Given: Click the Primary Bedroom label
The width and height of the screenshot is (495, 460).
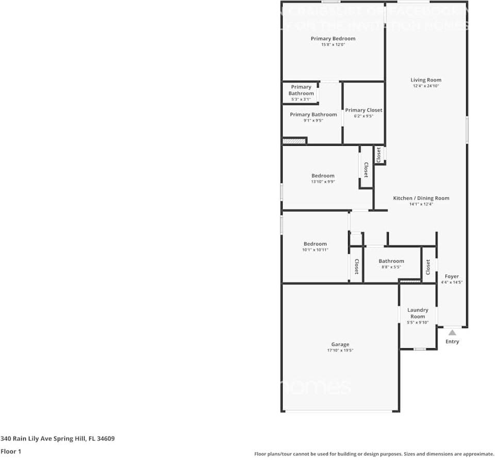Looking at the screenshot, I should pos(333,39).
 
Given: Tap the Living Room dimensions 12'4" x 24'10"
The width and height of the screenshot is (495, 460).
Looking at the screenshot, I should pos(426,86).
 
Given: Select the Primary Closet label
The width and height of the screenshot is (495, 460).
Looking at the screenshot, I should pos(364,110).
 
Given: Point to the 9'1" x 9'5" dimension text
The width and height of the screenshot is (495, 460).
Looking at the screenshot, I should pos(313,121).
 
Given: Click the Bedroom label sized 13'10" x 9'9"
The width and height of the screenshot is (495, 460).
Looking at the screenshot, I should pos(323,176).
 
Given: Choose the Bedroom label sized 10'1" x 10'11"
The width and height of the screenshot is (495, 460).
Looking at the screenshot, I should pos(315,244).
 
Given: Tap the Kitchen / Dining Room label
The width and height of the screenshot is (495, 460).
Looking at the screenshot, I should pos(421,198).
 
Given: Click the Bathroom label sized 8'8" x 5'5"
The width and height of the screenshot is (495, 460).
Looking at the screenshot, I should pos(391,261).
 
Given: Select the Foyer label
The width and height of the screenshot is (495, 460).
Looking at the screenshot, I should pos(452,276).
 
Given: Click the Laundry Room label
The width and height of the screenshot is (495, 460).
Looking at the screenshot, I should pos(418,313).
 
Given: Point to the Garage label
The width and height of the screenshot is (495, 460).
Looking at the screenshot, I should pos(340,344).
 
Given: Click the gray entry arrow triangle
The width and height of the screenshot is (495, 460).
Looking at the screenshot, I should pos(452,333).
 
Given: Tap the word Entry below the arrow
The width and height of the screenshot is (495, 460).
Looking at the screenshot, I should pos(452,342).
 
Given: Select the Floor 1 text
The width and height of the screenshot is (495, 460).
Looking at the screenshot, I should pos(11,452).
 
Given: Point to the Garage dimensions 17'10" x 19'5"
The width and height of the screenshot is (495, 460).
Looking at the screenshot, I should pos(340,350).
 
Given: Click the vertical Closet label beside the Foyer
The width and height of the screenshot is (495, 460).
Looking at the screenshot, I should pos(428,266).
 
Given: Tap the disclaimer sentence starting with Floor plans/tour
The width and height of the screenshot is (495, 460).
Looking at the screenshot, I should pos(374,454).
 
